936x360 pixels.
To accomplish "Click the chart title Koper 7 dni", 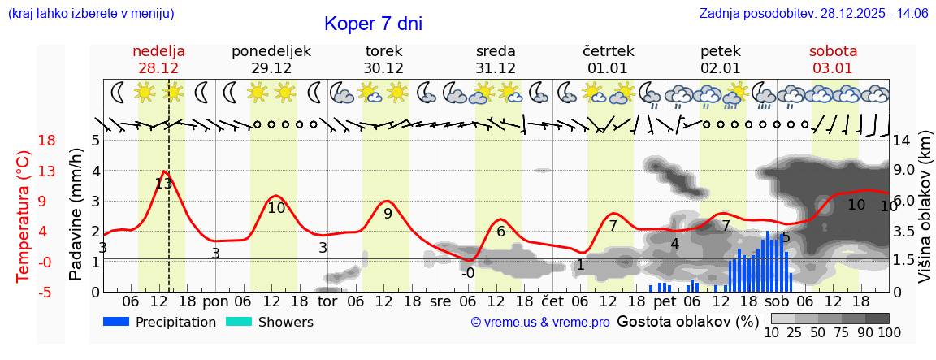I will (x=373, y=24).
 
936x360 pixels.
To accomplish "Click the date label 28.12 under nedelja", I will (x=159, y=68).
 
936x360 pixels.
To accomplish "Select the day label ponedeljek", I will (x=271, y=51).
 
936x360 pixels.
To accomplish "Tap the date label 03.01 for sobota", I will (x=833, y=68).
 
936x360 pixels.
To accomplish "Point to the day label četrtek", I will (x=609, y=51).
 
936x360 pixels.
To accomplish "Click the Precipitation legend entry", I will (x=160, y=323).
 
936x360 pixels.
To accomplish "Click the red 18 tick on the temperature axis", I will (x=24, y=141).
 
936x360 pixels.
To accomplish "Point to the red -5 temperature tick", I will (x=24, y=292).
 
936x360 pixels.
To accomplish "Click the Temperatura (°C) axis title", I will (x=24, y=216).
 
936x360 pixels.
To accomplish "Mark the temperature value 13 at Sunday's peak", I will (x=163, y=184).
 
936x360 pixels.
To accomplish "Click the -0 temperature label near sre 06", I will (x=468, y=273).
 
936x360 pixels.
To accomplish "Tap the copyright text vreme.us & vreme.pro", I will (x=540, y=323).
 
